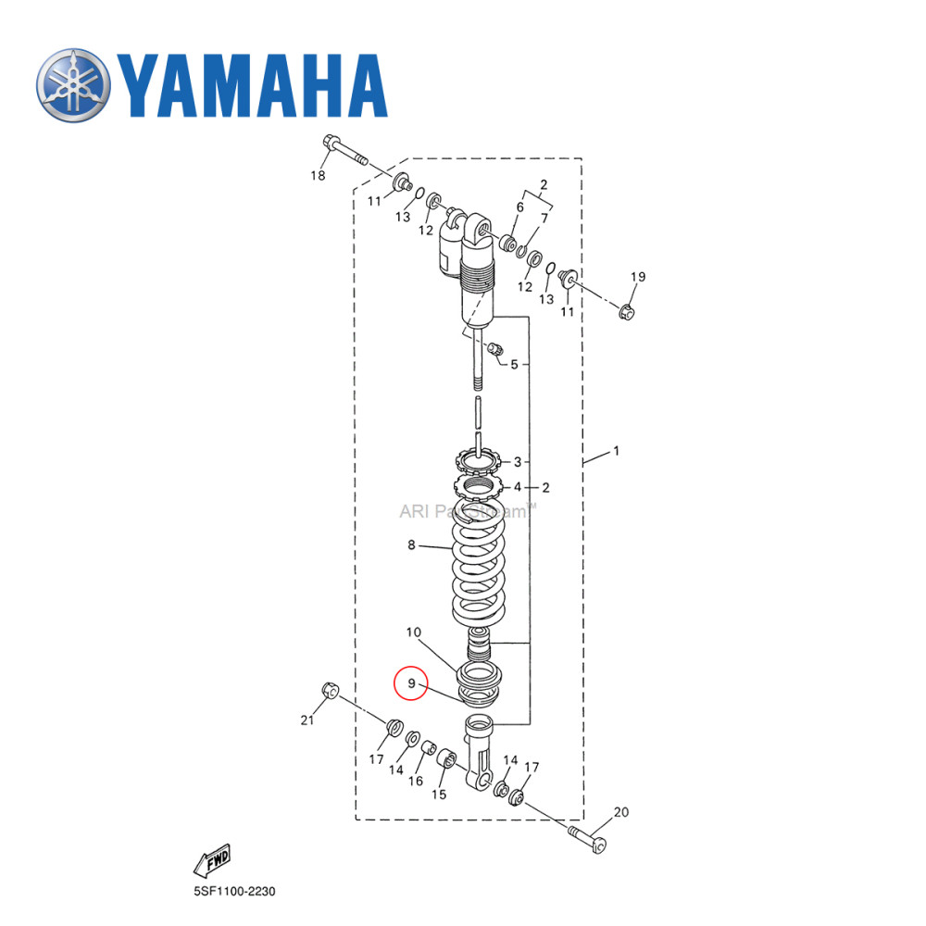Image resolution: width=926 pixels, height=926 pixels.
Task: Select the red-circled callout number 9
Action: tap(410, 684)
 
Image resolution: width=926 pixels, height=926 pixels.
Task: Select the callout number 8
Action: tap(411, 545)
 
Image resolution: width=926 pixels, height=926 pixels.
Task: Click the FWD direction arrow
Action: tap(211, 859)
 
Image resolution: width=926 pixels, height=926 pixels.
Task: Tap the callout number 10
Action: tap(412, 632)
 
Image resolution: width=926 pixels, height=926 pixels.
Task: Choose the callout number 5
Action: tap(514, 364)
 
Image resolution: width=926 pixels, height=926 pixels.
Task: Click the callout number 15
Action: tap(439, 794)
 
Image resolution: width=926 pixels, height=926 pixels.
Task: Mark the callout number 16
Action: tap(417, 781)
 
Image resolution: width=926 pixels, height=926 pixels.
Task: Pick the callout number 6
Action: tap(520, 207)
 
